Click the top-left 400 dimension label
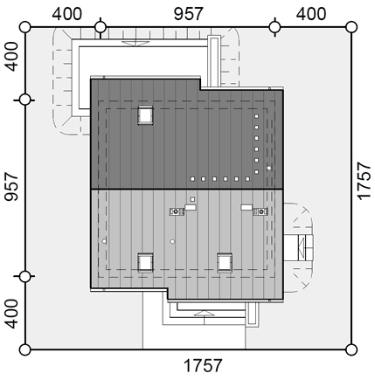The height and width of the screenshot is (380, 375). [67, 14]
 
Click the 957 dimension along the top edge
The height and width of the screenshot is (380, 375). [188, 14]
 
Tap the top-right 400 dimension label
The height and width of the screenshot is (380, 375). [311, 14]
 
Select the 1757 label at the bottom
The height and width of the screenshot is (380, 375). [203, 365]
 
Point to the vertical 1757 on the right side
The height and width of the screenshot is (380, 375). [364, 181]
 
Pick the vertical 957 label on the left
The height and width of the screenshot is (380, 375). [11, 187]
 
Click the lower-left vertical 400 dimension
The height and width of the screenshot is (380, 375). [11, 314]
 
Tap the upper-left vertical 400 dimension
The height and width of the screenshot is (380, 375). [11, 56]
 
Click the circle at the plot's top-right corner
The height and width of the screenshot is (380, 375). [351, 27]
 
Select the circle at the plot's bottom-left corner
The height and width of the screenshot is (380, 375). [25, 349]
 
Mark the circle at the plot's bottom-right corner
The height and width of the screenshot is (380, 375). [351, 349]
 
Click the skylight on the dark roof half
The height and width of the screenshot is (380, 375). [146, 115]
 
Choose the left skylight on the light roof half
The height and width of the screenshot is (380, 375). [145, 263]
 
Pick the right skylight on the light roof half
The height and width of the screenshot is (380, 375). [225, 263]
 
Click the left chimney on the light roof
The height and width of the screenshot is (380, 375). [177, 211]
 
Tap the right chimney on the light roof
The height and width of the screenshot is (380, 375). [260, 211]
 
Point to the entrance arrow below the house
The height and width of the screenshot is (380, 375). [204, 313]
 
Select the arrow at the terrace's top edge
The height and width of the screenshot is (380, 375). [135, 44]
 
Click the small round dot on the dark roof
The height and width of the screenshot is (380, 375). [269, 168]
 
